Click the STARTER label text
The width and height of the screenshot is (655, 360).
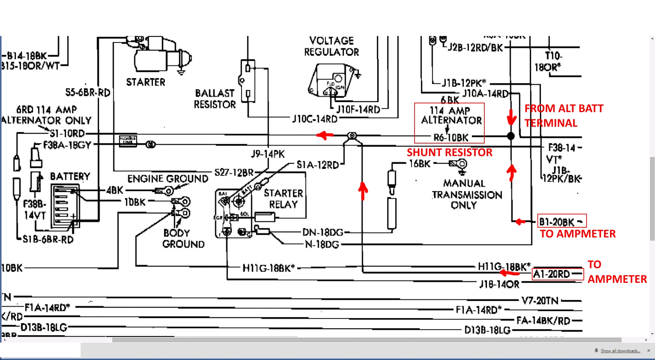146,82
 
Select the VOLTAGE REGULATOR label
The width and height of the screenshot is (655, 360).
332,46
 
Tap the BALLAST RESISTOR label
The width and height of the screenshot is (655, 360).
215,99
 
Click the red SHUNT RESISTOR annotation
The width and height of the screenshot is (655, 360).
449,152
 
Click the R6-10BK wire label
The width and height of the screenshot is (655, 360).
451,137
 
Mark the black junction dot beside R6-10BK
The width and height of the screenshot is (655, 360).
511,136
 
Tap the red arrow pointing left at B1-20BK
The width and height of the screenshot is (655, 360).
520,221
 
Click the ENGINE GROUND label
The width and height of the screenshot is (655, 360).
168,179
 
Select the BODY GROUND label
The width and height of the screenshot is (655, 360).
183,238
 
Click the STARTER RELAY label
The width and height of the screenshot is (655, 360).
283,199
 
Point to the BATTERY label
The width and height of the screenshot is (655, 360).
70,176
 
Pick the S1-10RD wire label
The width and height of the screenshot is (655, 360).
67,133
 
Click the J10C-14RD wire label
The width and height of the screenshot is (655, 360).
315,119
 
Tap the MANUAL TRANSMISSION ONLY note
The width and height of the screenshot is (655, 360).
467,194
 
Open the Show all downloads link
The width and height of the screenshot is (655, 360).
620,351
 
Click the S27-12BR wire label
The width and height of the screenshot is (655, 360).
234,172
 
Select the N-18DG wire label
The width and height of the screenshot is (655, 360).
322,244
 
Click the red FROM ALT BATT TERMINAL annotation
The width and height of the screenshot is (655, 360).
564,116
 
